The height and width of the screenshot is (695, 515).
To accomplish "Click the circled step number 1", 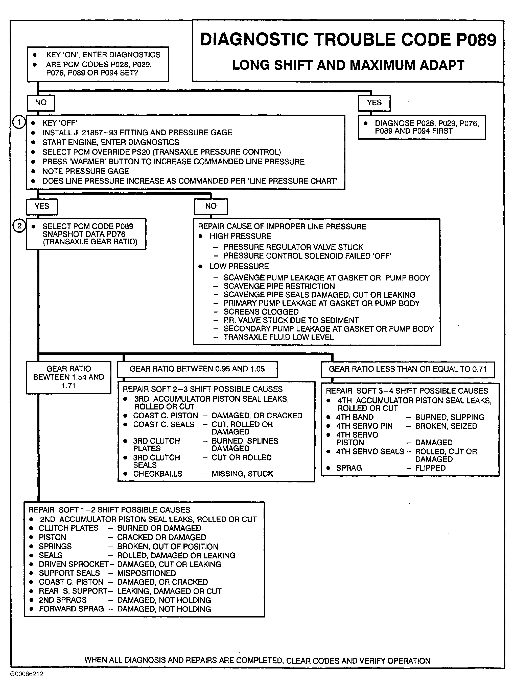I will click(19, 122).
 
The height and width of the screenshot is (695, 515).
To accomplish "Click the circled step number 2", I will click(19, 225).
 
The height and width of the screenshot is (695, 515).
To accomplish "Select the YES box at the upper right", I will click(374, 103).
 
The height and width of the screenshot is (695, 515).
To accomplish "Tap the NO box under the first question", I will click(41, 103).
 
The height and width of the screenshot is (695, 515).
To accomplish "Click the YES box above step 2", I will click(42, 207).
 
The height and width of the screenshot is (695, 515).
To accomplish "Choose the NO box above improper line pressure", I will click(211, 206).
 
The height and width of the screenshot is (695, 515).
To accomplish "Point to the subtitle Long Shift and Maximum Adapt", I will click(348, 65).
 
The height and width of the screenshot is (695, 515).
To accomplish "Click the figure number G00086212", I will click(27, 674).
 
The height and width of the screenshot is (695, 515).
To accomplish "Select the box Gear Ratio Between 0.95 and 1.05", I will click(197, 369).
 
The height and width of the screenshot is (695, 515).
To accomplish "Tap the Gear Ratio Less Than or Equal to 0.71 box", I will click(407, 369).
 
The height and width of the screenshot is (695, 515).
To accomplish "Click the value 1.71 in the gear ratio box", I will click(68, 386).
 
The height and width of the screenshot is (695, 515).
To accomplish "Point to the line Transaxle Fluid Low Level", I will click(278, 337).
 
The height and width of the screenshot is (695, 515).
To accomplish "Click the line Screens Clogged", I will click(261, 312).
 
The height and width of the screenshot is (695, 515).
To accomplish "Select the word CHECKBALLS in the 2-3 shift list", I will click(158, 474).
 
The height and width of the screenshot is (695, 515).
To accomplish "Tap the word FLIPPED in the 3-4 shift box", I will click(430, 468).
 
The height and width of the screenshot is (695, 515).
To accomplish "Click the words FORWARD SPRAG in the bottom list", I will click(72, 609).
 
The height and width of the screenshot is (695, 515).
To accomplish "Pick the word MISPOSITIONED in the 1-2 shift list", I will click(147, 573).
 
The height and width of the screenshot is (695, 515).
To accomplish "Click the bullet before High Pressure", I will click(201, 236).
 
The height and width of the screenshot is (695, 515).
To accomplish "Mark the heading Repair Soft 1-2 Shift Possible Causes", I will click(109, 510).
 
